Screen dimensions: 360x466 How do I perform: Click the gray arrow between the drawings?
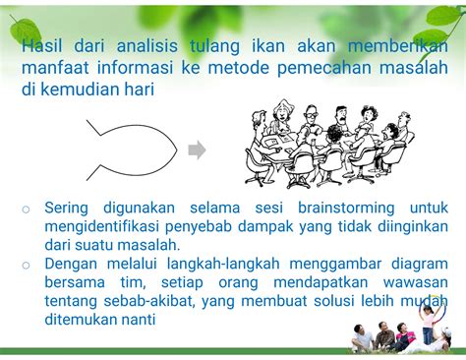(197, 150)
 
